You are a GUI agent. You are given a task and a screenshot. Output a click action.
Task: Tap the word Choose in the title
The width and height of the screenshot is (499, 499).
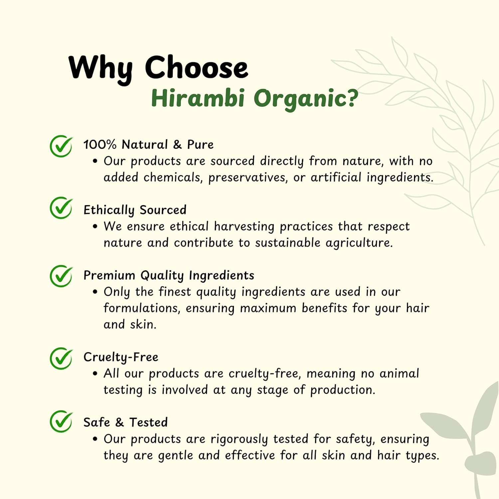(x=197, y=67)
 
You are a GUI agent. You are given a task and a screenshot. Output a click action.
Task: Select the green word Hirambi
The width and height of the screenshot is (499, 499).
(x=198, y=98)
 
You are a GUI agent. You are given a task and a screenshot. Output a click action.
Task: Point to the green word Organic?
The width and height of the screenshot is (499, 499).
(x=306, y=99)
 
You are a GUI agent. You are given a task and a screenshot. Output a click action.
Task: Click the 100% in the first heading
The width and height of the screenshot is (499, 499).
(x=100, y=144)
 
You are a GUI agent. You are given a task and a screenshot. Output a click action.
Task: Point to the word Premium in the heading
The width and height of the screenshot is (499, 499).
(x=109, y=275)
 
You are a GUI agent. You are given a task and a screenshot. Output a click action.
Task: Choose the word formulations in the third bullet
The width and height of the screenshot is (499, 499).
(x=142, y=308)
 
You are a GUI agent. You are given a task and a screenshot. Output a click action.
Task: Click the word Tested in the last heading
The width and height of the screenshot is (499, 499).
(x=148, y=422)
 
